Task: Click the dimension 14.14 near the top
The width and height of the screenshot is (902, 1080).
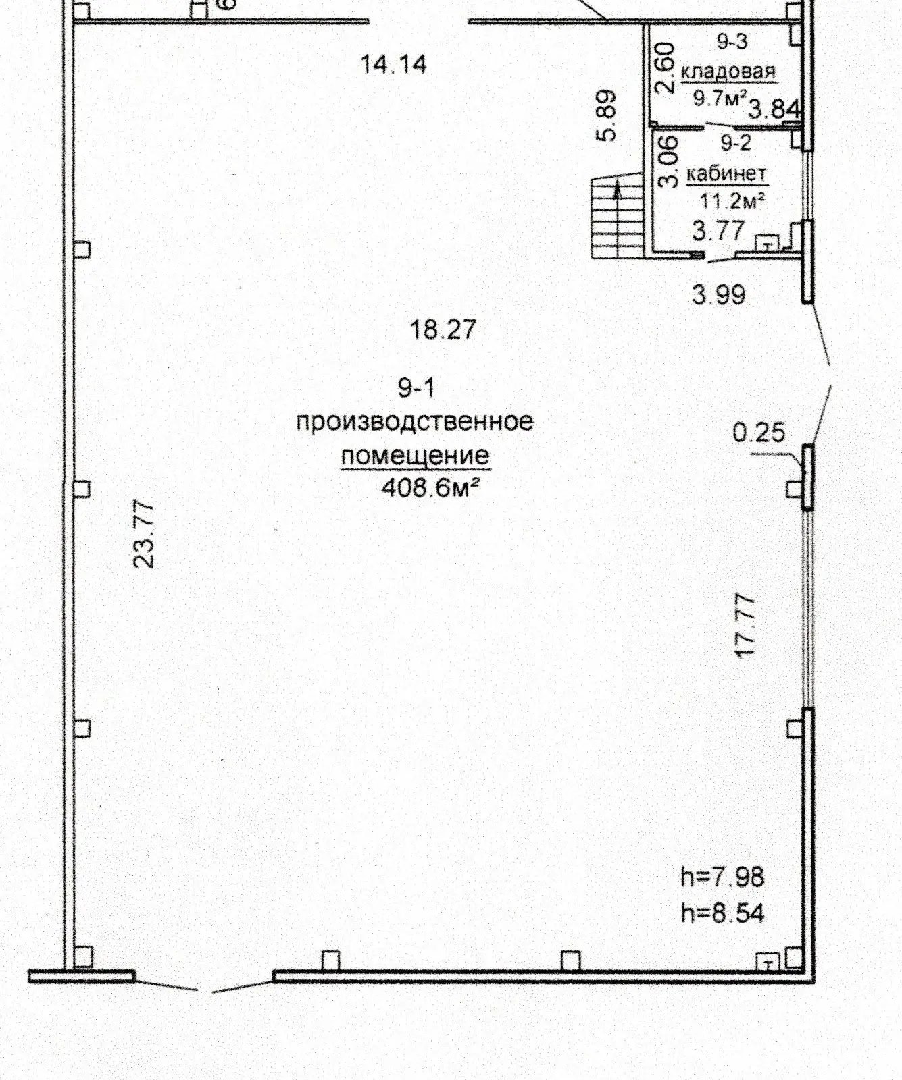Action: (x=394, y=65)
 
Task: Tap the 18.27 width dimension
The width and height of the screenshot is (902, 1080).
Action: (x=443, y=329)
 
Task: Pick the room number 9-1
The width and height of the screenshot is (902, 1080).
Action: (x=416, y=388)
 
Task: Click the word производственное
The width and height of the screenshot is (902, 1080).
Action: (x=415, y=422)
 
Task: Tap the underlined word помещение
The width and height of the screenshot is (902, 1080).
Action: (x=415, y=456)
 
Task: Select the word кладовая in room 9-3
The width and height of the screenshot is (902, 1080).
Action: (x=728, y=71)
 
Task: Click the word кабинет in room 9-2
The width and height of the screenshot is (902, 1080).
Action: (x=726, y=174)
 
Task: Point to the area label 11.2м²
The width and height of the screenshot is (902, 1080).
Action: (x=732, y=200)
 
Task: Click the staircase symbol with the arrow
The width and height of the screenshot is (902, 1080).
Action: (x=618, y=218)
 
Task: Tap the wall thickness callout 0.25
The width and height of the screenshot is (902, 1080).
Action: (x=759, y=432)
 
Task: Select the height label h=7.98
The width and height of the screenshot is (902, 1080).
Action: (x=722, y=878)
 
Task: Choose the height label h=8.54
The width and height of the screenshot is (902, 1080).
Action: (x=722, y=913)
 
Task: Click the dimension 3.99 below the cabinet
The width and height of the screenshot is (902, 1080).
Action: (x=719, y=295)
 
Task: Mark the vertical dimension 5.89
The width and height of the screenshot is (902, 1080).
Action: (x=607, y=115)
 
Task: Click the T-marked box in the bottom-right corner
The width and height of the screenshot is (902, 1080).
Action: (x=768, y=963)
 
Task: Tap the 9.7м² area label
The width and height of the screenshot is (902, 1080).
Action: (x=720, y=99)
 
